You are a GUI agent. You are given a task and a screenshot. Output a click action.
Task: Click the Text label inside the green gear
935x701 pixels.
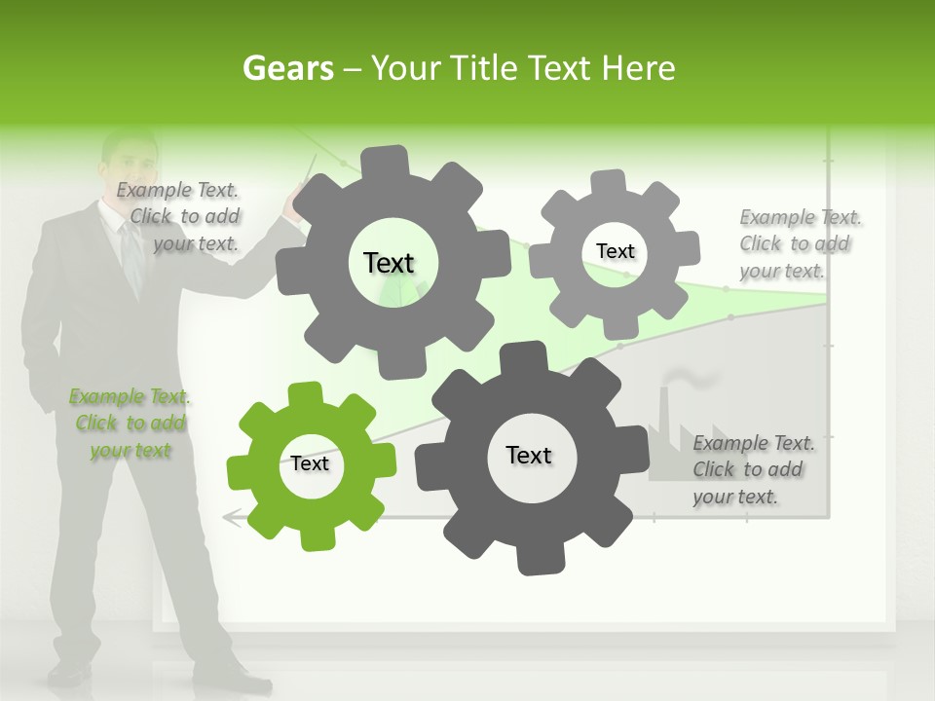(x=310, y=464)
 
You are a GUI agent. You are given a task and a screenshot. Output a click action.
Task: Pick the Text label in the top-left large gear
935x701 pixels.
(x=389, y=263)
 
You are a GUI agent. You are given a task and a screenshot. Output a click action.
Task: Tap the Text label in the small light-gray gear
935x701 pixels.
(x=615, y=251)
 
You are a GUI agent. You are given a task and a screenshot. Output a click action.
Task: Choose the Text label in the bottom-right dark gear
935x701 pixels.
(x=529, y=456)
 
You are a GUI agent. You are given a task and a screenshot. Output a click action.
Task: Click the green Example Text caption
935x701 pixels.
(x=130, y=424)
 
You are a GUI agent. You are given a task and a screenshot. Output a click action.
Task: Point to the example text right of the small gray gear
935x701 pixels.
(x=799, y=243)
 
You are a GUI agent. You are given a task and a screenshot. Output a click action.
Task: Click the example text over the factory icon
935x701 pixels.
(x=752, y=469)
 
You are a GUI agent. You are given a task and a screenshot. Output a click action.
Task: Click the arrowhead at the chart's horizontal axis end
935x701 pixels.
(x=230, y=518)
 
